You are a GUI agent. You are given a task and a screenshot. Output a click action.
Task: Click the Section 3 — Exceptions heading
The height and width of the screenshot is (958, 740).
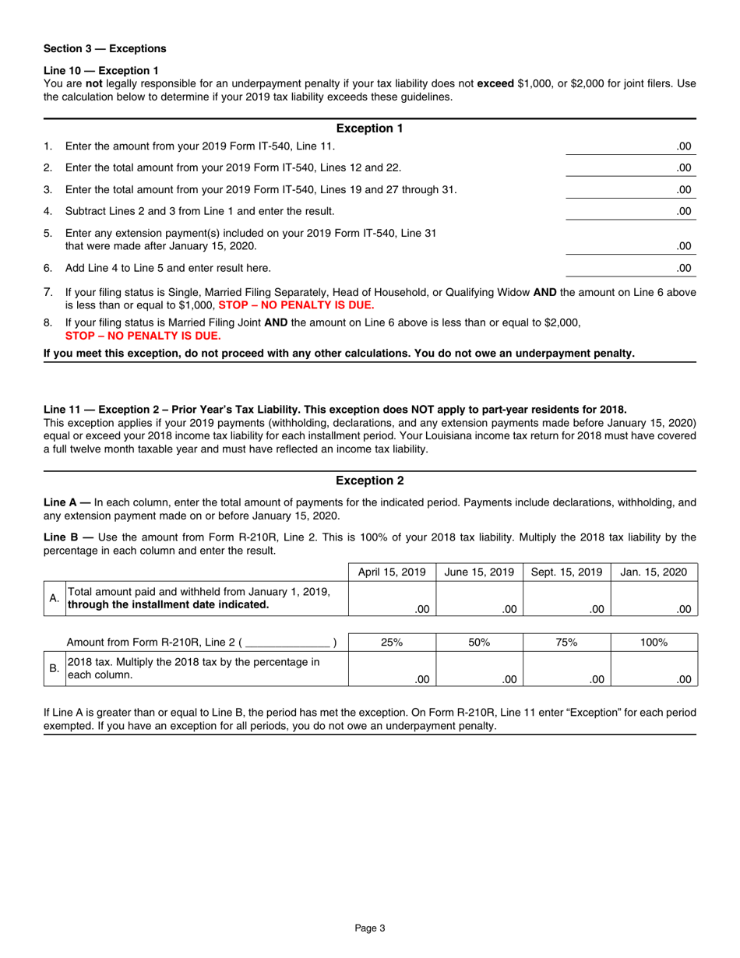[x=104, y=48]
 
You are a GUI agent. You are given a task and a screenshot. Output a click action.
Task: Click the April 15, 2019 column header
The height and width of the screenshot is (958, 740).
[x=392, y=572]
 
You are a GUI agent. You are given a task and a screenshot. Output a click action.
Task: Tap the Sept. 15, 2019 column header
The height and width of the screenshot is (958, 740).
[x=567, y=572]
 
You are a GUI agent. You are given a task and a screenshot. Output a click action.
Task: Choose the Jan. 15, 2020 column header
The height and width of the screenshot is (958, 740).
[x=654, y=572]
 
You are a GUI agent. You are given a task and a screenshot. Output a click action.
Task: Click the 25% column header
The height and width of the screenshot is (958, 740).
[x=392, y=642]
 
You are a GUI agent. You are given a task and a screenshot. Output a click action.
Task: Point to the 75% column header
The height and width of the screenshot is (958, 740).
[x=567, y=642]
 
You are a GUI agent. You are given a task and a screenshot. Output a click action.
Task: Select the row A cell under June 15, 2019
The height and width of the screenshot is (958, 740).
[x=480, y=600]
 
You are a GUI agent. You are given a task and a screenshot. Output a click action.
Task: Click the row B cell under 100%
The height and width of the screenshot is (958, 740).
[x=654, y=669]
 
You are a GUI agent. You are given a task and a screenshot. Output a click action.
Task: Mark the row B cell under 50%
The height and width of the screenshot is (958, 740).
[x=480, y=669]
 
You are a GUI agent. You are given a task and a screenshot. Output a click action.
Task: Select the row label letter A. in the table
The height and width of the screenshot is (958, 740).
[x=55, y=599]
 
